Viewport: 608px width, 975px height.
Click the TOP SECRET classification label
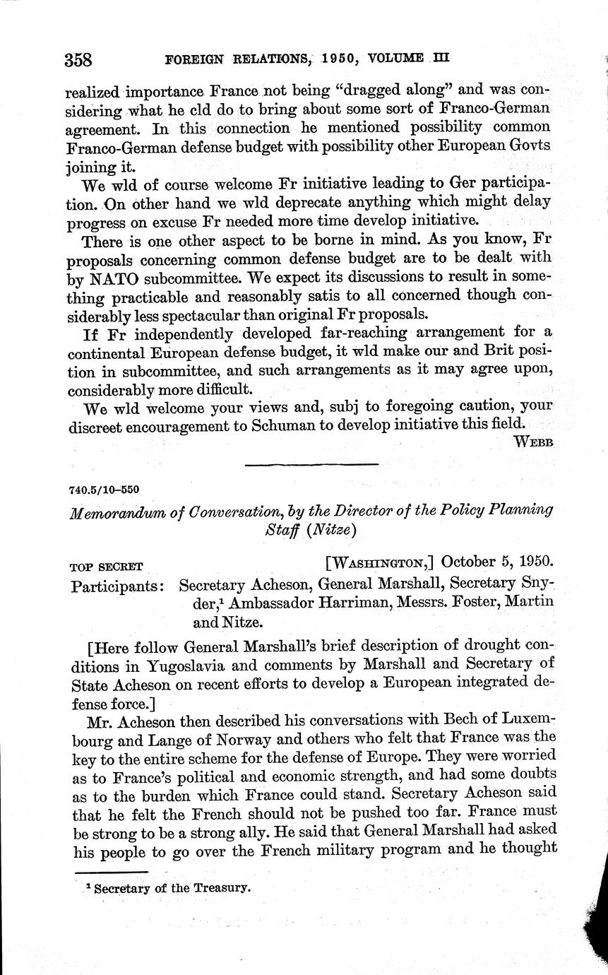click(107, 566)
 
